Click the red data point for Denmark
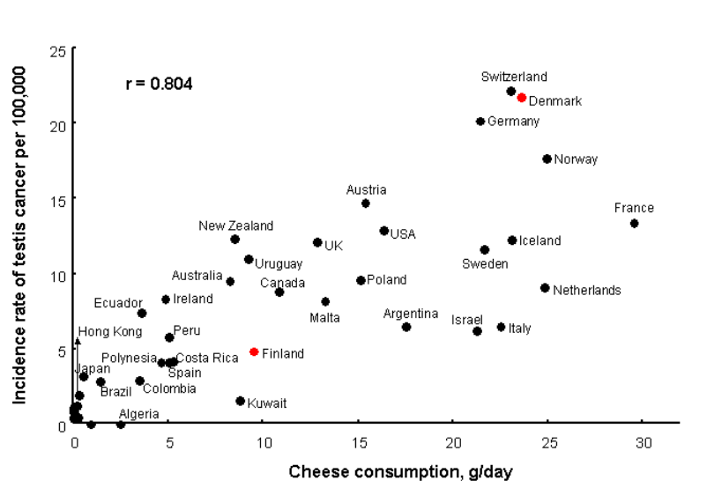tap(521, 98)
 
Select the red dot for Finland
tap(254, 351)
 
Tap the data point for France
tap(634, 224)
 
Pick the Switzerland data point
tap(511, 92)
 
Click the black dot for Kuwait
tap(240, 401)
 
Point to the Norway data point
tap(547, 159)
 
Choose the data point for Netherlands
tap(545, 288)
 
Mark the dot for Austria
tap(366, 203)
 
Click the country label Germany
tap(513, 122)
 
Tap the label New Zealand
tap(236, 226)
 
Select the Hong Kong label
tap(110, 332)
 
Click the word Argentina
tap(411, 314)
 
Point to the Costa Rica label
tap(208, 358)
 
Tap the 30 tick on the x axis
tap(644, 441)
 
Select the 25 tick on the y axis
tap(58, 49)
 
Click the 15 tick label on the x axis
tap(359, 441)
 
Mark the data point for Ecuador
tap(142, 314)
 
